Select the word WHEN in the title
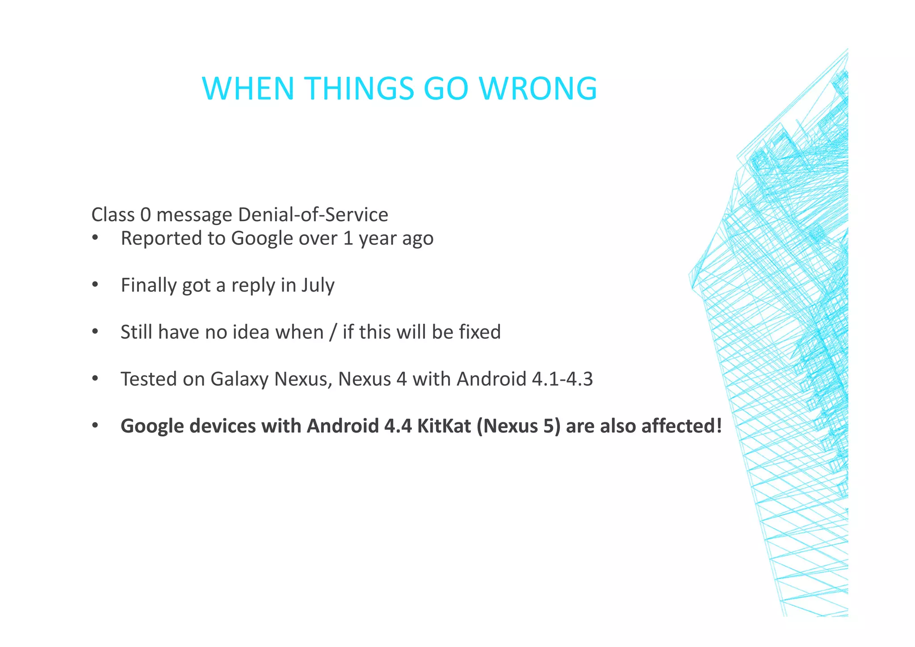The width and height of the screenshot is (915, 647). pos(248,88)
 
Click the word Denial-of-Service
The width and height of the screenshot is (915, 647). pos(313,215)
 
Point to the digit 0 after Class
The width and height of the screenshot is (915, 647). pos(145,215)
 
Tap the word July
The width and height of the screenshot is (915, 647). pos(317,286)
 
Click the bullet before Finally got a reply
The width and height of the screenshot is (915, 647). pos(95,285)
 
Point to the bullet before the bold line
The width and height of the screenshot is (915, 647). pos(95,426)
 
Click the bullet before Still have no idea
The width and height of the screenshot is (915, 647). pos(95,332)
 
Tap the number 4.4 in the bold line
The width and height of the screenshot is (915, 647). pos(397,426)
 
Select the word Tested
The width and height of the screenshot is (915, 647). pos(149,379)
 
